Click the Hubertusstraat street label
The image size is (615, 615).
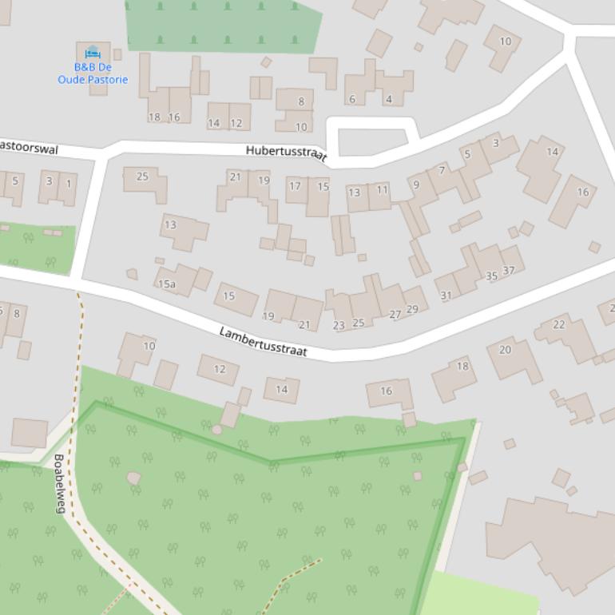286,153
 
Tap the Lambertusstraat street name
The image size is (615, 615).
263,342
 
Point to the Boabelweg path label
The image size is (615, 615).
59,483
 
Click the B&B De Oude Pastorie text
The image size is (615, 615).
93,73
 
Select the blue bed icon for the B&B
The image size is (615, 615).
93,53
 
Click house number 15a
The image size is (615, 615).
166,284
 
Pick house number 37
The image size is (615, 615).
509,270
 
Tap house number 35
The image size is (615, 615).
491,276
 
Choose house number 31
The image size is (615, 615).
446,295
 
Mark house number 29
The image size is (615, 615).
412,309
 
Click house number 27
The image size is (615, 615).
395,315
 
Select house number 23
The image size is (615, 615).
339,325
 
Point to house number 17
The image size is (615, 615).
295,186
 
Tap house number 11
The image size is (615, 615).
382,189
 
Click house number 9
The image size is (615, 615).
415,184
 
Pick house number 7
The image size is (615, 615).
442,170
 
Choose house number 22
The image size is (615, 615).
559,323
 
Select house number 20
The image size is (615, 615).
505,349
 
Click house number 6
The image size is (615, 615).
351,99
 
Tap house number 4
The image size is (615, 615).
389,99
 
